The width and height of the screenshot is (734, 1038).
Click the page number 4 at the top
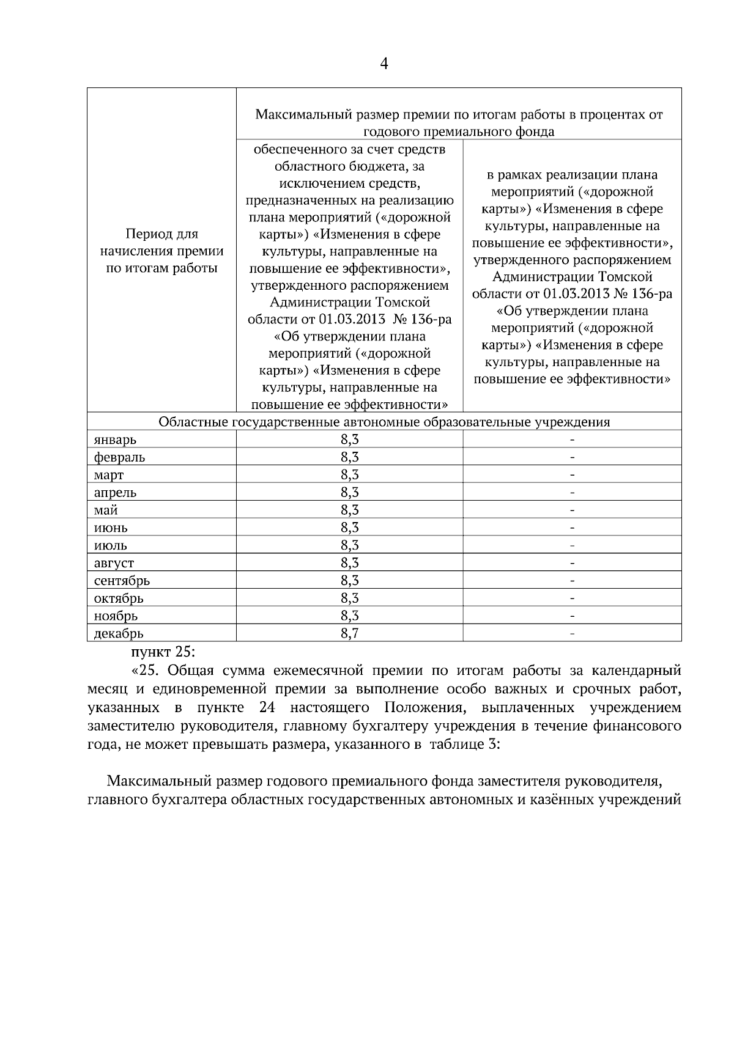pos(384,64)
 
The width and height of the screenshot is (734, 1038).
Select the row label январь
pos(115,440)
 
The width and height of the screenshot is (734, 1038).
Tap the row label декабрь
pos(119,634)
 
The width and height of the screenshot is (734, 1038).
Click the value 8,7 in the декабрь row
pos(349,633)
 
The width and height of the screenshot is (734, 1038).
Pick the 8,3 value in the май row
pos(349,510)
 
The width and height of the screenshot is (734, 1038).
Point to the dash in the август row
pos(572,562)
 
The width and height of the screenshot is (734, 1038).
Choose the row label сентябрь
pos(122,580)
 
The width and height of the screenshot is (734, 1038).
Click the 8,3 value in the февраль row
pos(349,457)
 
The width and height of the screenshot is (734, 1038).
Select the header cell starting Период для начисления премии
pos(161,251)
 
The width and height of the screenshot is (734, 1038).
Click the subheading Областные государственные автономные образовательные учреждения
pos(384,422)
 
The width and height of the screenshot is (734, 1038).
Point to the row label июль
pos(111,545)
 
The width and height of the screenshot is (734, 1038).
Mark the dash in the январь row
pos(572,440)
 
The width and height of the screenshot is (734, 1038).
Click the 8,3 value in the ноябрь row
pos(349,616)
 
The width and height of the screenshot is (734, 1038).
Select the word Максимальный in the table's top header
pos(294,114)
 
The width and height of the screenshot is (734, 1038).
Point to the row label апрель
pos(115,492)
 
